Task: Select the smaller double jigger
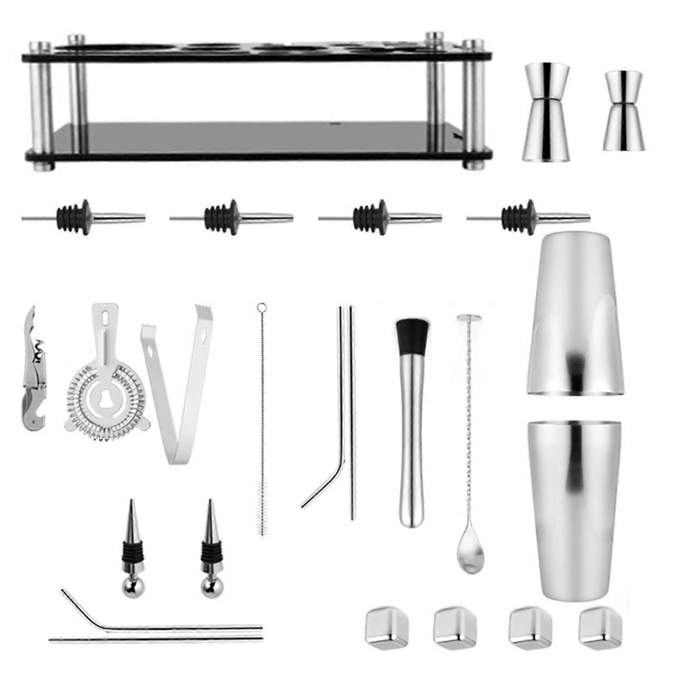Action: (x=624, y=110)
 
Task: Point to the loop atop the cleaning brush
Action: (x=261, y=307)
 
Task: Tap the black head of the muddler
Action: (x=412, y=335)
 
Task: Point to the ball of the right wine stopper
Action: (x=209, y=590)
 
